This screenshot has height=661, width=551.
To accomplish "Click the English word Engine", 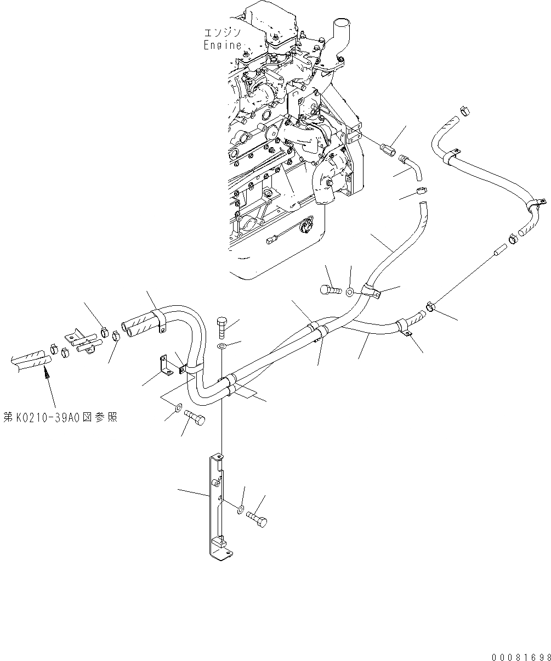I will click(x=223, y=46).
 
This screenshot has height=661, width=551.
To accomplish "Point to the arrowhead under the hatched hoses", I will click(x=46, y=374).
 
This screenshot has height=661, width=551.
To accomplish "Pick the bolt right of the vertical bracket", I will click(x=256, y=518).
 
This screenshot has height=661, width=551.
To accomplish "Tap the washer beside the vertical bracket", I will click(x=241, y=510).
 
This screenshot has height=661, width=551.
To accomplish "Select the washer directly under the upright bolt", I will click(x=221, y=346).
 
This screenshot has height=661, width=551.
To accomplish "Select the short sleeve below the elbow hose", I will click(x=421, y=192).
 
